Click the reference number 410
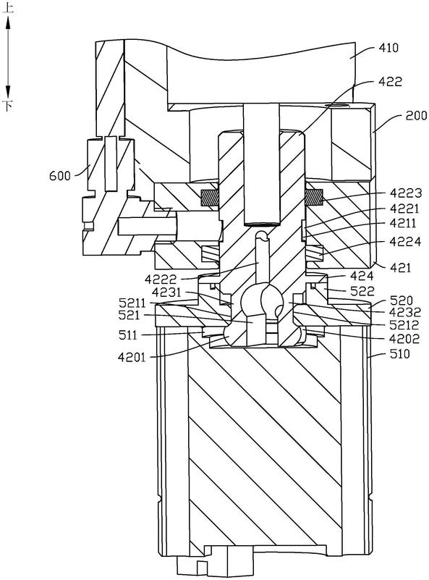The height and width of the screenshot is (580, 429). click(x=388, y=48)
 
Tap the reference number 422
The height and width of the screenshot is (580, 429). click(x=391, y=81)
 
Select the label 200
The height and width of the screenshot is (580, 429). click(x=417, y=116)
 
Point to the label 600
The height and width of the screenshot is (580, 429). click(x=60, y=175)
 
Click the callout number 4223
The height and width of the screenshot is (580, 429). click(x=406, y=193)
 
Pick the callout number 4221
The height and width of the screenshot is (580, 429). click(x=404, y=209)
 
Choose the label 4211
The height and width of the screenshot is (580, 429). click(x=403, y=223)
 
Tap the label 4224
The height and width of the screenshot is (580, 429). click(x=405, y=242)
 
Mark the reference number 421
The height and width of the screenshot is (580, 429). click(x=401, y=267)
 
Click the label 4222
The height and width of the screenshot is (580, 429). click(x=161, y=280)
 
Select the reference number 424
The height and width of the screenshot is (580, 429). click(x=362, y=276)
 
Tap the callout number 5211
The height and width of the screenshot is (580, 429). click(x=133, y=303)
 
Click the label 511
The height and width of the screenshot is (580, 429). click(x=128, y=335)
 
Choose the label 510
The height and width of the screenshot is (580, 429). click(x=400, y=354)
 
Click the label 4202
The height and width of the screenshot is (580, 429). click(x=405, y=339)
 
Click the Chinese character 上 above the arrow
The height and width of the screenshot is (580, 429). click(x=8, y=8)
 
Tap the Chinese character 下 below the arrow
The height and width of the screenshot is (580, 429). click(x=8, y=106)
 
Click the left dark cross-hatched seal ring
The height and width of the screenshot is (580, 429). click(x=210, y=198)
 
